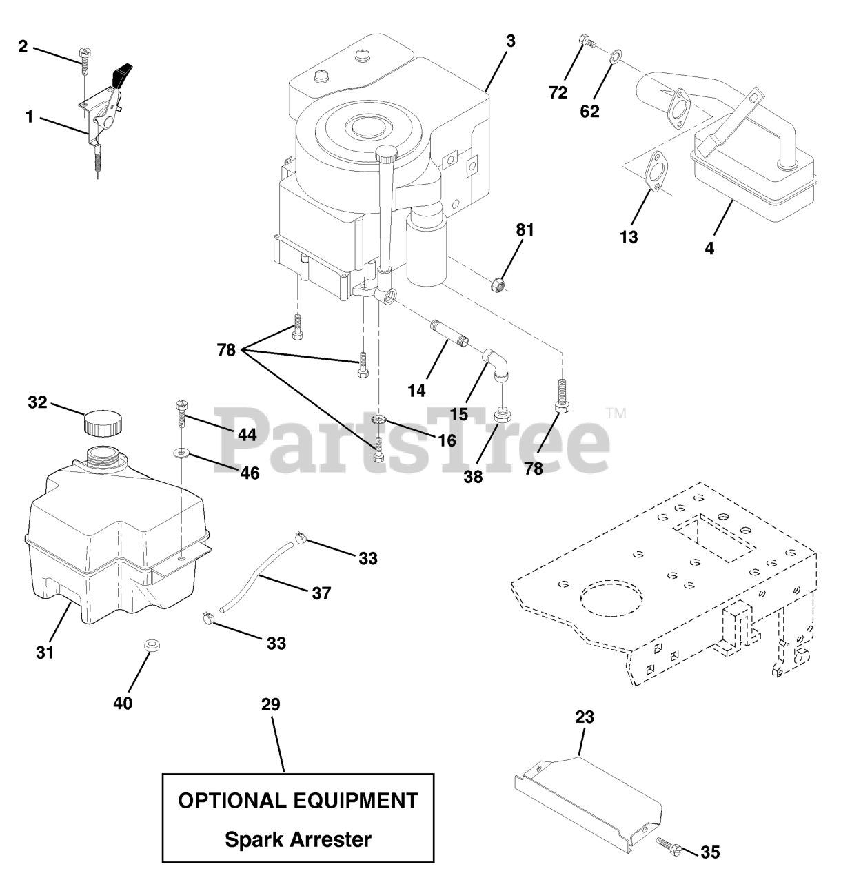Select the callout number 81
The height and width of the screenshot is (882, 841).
coord(525,230)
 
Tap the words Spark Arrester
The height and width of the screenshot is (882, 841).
coord(298,839)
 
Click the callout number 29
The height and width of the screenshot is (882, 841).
coord(271,704)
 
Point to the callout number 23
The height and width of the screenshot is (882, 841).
coord(584,717)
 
